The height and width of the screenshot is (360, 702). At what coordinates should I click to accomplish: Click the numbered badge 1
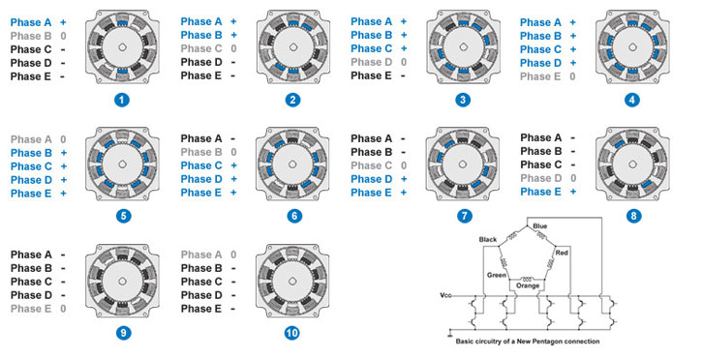coord(122,100)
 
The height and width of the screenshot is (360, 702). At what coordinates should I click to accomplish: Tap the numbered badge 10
coord(291,333)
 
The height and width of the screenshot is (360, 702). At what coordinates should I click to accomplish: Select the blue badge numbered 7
coord(464,216)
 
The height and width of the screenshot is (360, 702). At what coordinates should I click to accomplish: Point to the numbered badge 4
coord(631,100)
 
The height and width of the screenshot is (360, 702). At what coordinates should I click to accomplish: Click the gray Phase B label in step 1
coord(31,36)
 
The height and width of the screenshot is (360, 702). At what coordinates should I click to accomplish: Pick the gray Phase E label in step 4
coord(540,76)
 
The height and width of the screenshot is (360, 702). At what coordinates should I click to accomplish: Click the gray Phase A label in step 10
coord(201,255)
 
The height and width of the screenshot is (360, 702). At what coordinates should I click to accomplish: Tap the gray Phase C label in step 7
coord(371,165)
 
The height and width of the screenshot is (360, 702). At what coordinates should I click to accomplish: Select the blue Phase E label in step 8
coord(540,192)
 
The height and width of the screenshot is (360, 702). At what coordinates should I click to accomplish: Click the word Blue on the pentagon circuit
coord(540,226)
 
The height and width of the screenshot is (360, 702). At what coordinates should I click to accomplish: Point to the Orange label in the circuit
coord(528,285)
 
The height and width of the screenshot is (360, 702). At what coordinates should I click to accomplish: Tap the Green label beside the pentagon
coord(497,275)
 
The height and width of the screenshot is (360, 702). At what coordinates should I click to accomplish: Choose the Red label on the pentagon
coord(562,253)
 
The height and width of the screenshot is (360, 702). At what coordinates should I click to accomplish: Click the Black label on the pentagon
coord(488,240)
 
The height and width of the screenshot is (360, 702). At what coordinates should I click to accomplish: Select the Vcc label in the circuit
coord(445,295)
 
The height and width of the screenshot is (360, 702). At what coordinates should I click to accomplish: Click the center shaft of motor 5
coord(122,165)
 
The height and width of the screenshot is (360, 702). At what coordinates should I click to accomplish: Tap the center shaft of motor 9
coord(122,281)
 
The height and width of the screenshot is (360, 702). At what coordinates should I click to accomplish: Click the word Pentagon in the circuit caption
coord(545,342)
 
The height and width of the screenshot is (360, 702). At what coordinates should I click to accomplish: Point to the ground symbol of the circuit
coord(450,332)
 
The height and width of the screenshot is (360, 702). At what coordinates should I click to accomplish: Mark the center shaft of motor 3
coord(463,47)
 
